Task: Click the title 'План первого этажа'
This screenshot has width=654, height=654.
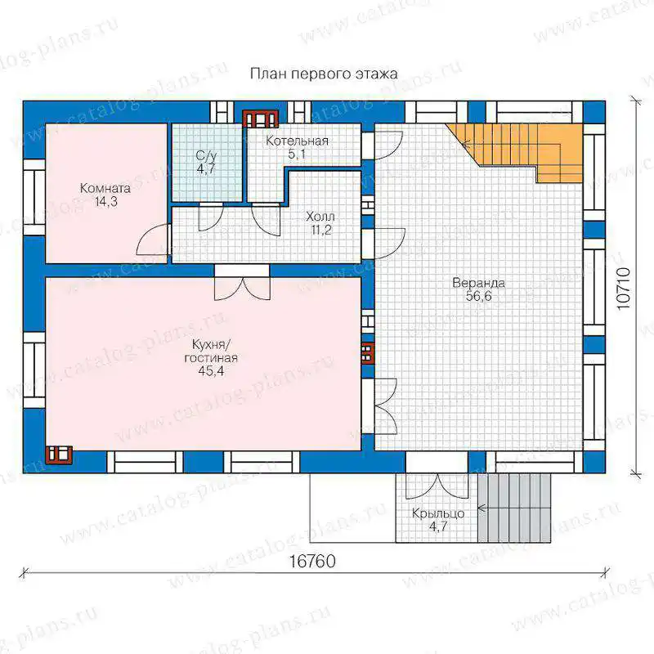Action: (x=324, y=74)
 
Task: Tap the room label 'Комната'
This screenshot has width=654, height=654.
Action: (x=105, y=188)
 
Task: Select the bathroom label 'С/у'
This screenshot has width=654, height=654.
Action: (x=207, y=156)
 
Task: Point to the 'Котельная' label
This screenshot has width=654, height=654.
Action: (x=297, y=141)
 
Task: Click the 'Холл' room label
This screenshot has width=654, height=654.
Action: (x=320, y=217)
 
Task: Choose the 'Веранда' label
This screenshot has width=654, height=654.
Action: (x=479, y=283)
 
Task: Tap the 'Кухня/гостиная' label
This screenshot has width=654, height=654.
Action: (x=211, y=352)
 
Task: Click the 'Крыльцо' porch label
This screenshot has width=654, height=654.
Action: (x=438, y=513)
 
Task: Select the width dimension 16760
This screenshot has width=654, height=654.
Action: (x=312, y=562)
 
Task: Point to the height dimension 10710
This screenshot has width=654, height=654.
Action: (x=623, y=289)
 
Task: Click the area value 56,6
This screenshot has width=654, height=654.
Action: (x=479, y=297)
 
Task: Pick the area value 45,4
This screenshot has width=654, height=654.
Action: (x=211, y=371)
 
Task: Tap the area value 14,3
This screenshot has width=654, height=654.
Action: (x=105, y=202)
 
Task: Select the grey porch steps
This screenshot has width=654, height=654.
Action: (x=514, y=508)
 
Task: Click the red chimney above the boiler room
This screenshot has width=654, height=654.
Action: (x=261, y=119)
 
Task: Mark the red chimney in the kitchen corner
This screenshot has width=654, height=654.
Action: (x=59, y=455)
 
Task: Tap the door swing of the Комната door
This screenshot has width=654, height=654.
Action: (x=153, y=240)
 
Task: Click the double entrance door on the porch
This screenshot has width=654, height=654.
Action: (x=437, y=486)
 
